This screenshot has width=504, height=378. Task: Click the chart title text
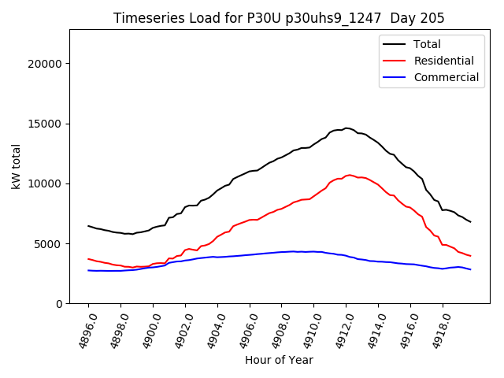tap(279, 18)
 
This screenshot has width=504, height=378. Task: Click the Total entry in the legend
tap(427, 44)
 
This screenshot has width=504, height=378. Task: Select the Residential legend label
tap(443, 61)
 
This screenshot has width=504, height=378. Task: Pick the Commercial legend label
tap(446, 77)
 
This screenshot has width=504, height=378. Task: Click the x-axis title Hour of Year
tap(279, 360)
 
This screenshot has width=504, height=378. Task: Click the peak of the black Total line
tap(346, 128)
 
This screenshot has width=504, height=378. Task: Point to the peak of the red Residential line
tap(350, 175)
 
